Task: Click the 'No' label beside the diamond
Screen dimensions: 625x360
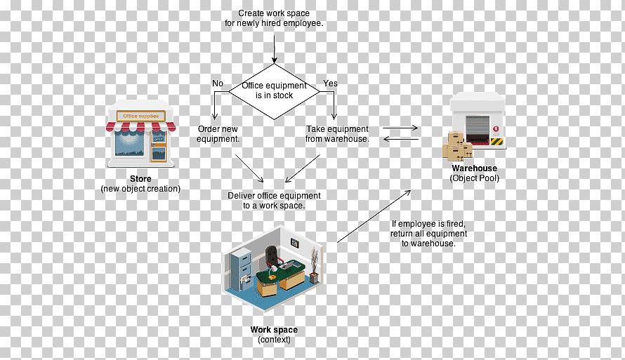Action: tap(218, 84)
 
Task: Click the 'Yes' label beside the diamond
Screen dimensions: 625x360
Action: tap(331, 84)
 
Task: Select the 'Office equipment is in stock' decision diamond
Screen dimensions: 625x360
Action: tap(275, 91)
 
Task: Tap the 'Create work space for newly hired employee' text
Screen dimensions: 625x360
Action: tap(274, 18)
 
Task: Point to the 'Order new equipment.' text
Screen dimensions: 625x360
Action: tap(218, 134)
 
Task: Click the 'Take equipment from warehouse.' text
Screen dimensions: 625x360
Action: tap(337, 134)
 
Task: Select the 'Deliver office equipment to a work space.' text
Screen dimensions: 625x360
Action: tap(275, 200)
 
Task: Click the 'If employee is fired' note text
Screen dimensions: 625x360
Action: tap(428, 234)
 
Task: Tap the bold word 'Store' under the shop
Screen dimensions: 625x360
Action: tap(140, 179)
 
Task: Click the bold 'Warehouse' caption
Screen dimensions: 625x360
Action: tap(474, 168)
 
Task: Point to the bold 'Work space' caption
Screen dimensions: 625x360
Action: tap(275, 330)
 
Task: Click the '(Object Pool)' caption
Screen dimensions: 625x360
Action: tap(474, 178)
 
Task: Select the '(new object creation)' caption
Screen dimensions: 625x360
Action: tap(140, 189)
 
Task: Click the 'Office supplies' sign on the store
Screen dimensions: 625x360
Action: tap(140, 116)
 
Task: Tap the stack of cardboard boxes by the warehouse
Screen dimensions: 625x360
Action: tap(457, 146)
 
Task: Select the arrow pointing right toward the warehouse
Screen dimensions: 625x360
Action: tap(400, 128)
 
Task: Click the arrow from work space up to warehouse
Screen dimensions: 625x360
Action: tap(374, 216)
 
